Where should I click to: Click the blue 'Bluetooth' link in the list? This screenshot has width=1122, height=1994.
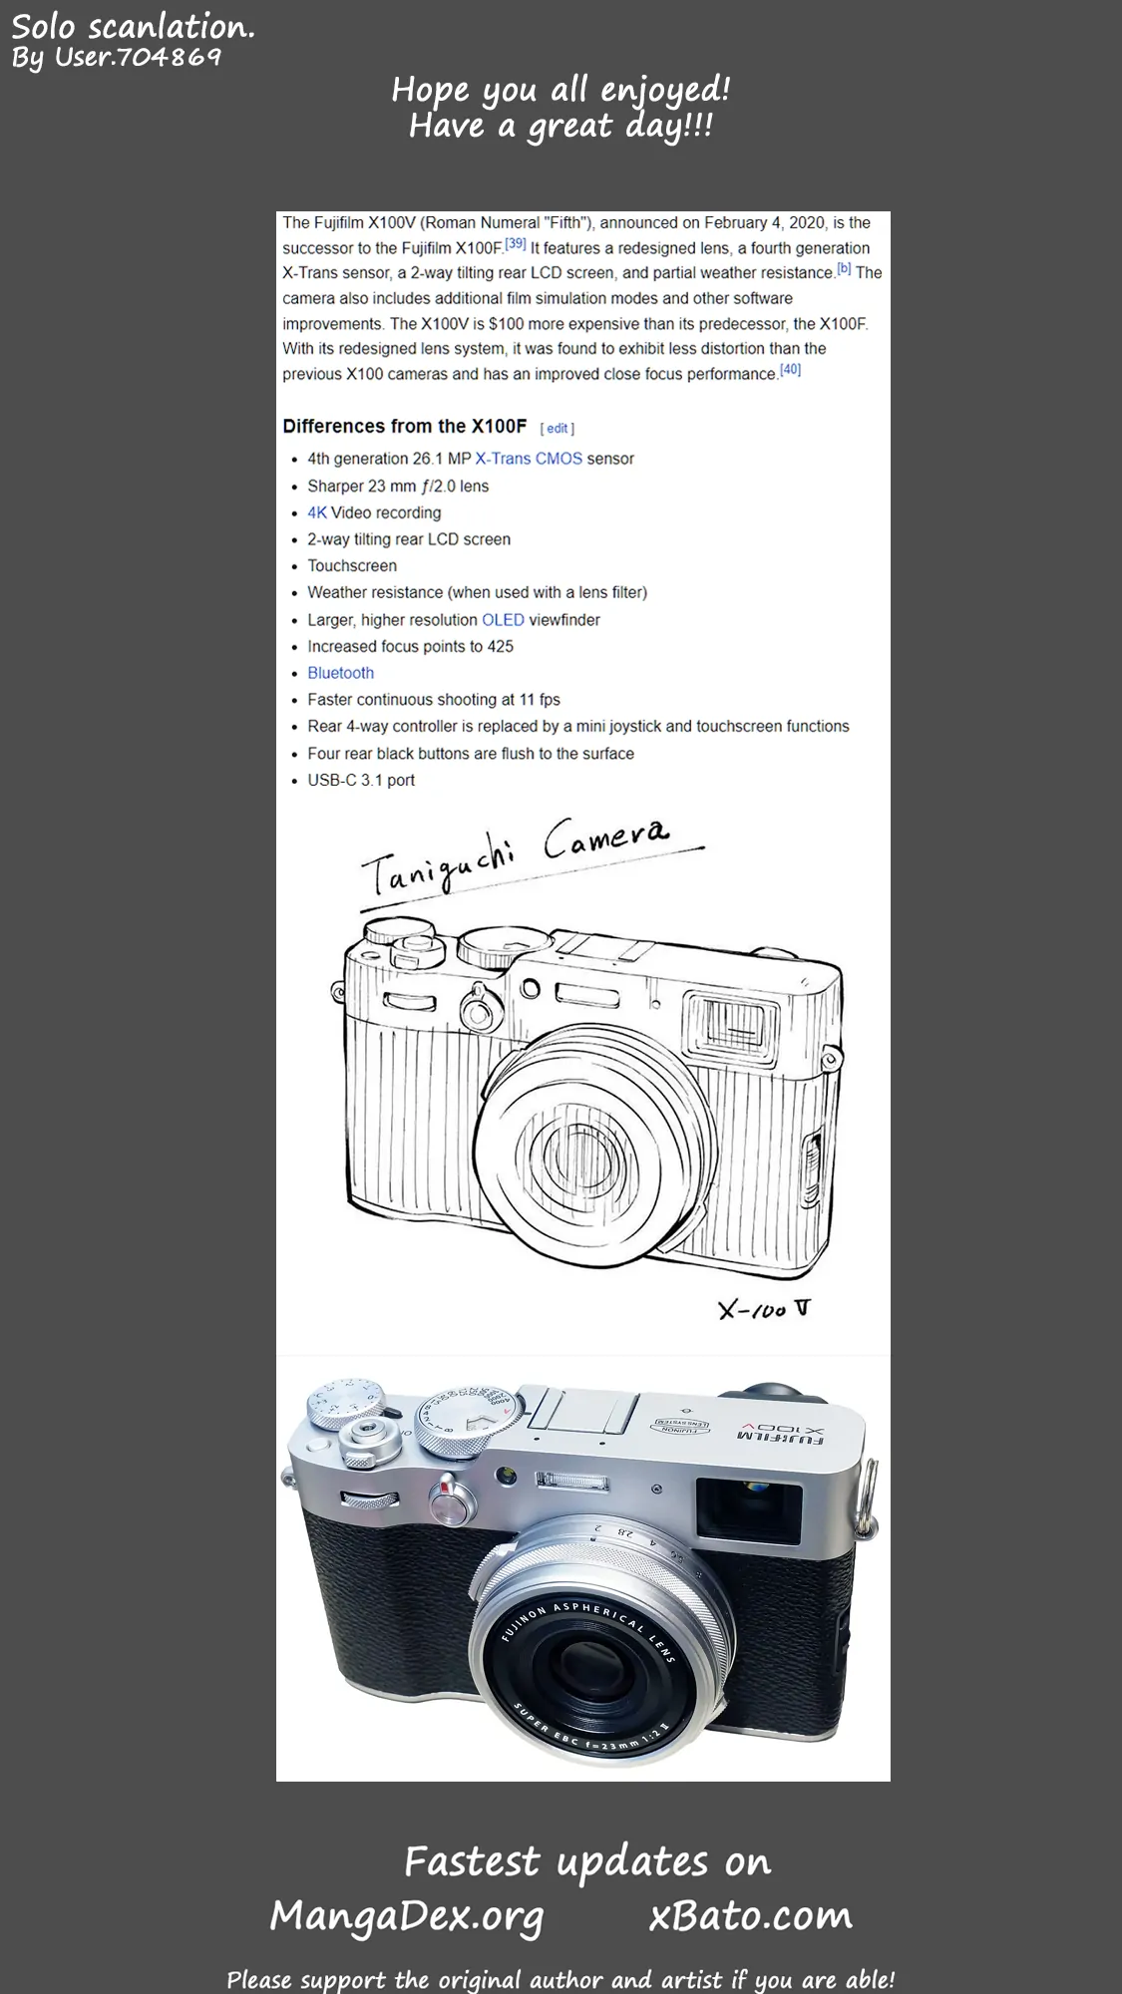coord(340,673)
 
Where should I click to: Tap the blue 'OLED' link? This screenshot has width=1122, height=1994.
coord(503,619)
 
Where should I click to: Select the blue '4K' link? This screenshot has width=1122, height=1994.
coord(317,512)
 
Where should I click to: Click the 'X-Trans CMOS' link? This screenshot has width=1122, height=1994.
coord(529,459)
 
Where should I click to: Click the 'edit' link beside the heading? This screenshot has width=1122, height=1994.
coord(557,428)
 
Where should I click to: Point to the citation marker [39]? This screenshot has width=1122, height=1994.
coord(515,243)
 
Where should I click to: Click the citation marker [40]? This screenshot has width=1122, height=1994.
coord(790,369)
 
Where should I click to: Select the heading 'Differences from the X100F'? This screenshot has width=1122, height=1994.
coord(404,426)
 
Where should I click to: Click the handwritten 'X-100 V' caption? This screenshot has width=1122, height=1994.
coord(765,1308)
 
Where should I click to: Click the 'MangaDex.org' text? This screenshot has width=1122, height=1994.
coord(407,1916)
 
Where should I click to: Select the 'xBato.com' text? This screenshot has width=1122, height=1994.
coord(751,1915)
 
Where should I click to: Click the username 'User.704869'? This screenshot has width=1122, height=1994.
coord(138,57)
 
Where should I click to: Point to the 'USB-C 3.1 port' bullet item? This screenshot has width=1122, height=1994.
coord(361,780)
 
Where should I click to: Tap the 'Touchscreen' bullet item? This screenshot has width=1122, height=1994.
coord(352,565)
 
